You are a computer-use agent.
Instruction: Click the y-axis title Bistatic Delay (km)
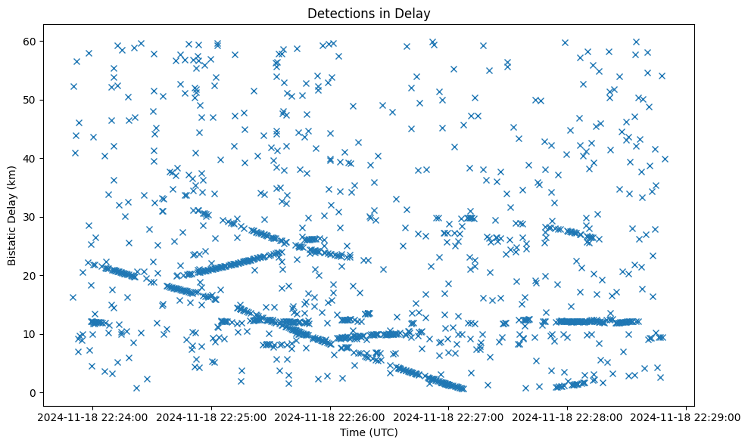13,206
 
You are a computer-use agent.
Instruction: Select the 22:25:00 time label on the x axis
211,416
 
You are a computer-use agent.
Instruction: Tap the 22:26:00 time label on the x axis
330,416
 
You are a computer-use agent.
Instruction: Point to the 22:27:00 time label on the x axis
449,416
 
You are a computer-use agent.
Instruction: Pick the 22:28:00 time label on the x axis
567,416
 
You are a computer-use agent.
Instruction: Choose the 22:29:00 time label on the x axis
686,416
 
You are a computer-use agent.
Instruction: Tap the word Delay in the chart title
413,13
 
